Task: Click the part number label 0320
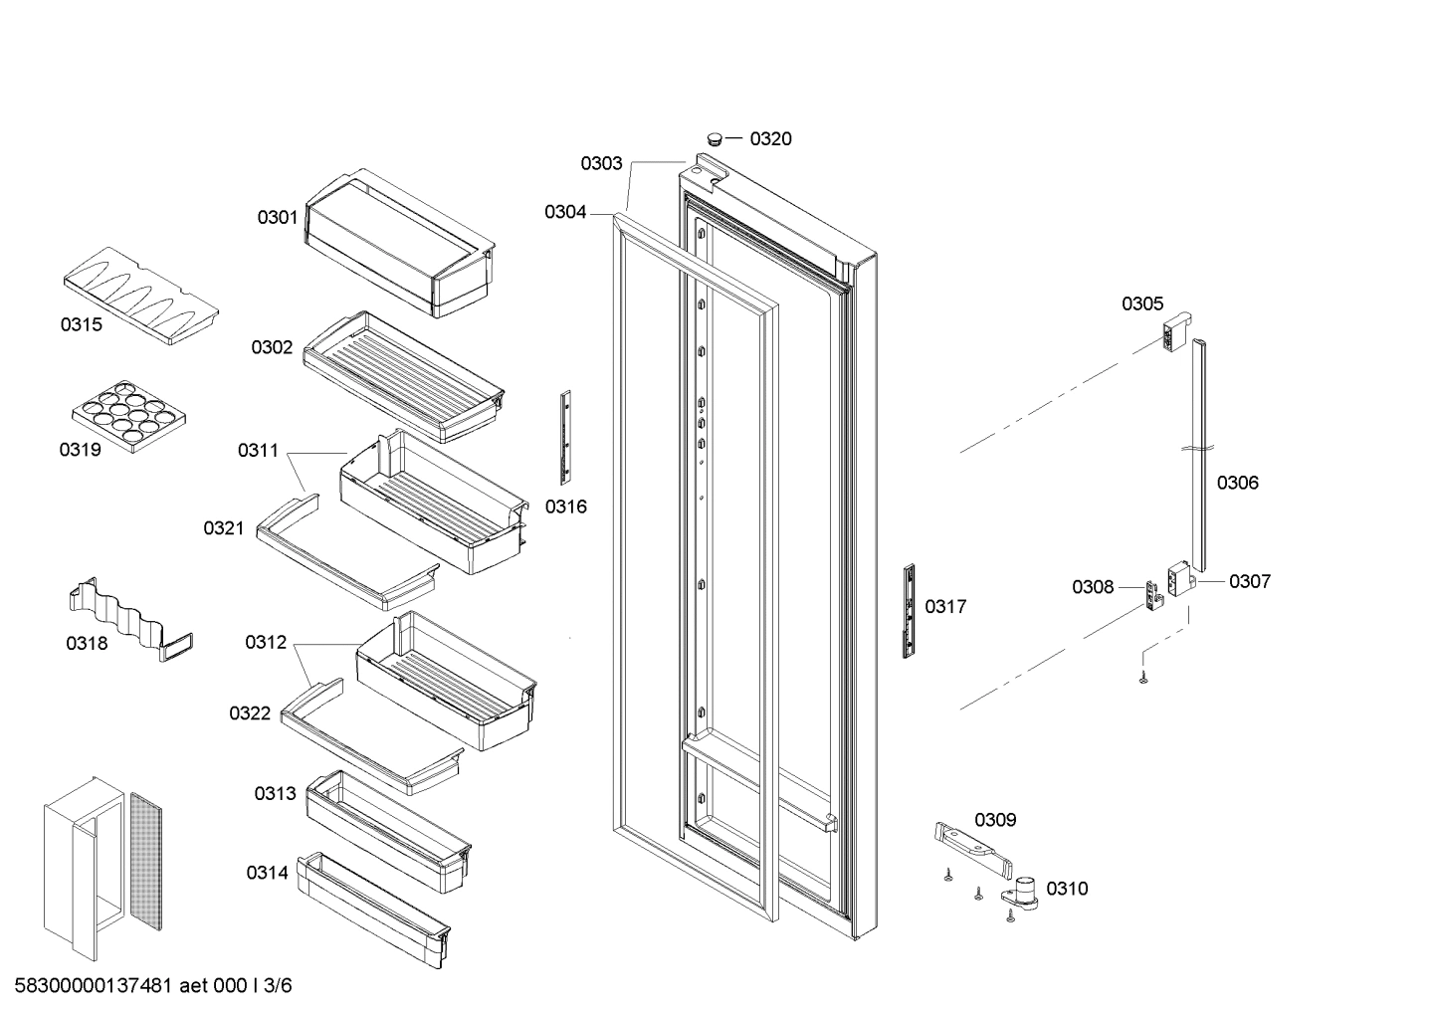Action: (770, 139)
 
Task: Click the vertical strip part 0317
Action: (909, 611)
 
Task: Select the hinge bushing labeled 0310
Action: (1025, 891)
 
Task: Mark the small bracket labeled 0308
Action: (1154, 597)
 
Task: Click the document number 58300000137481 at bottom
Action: (95, 986)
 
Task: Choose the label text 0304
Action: (565, 212)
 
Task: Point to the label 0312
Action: (266, 643)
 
